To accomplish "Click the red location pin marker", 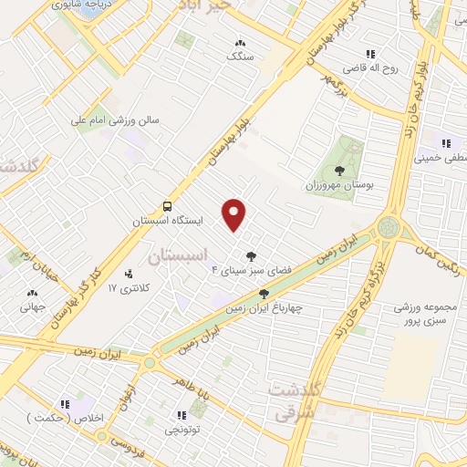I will point(234,214).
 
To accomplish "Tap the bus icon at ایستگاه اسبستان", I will point(167,206).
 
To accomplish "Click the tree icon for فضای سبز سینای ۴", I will point(252,255).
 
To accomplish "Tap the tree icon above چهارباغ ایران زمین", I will point(265,294).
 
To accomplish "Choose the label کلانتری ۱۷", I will point(127,288).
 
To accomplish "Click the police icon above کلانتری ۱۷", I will point(129,273).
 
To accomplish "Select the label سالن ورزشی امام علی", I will point(117,119).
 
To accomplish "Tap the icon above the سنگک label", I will point(240,42).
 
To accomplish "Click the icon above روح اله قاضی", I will point(369,54).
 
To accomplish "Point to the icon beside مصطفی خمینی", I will point(446,143).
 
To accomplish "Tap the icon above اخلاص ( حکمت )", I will point(65,404).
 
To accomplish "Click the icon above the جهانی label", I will point(33,293).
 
